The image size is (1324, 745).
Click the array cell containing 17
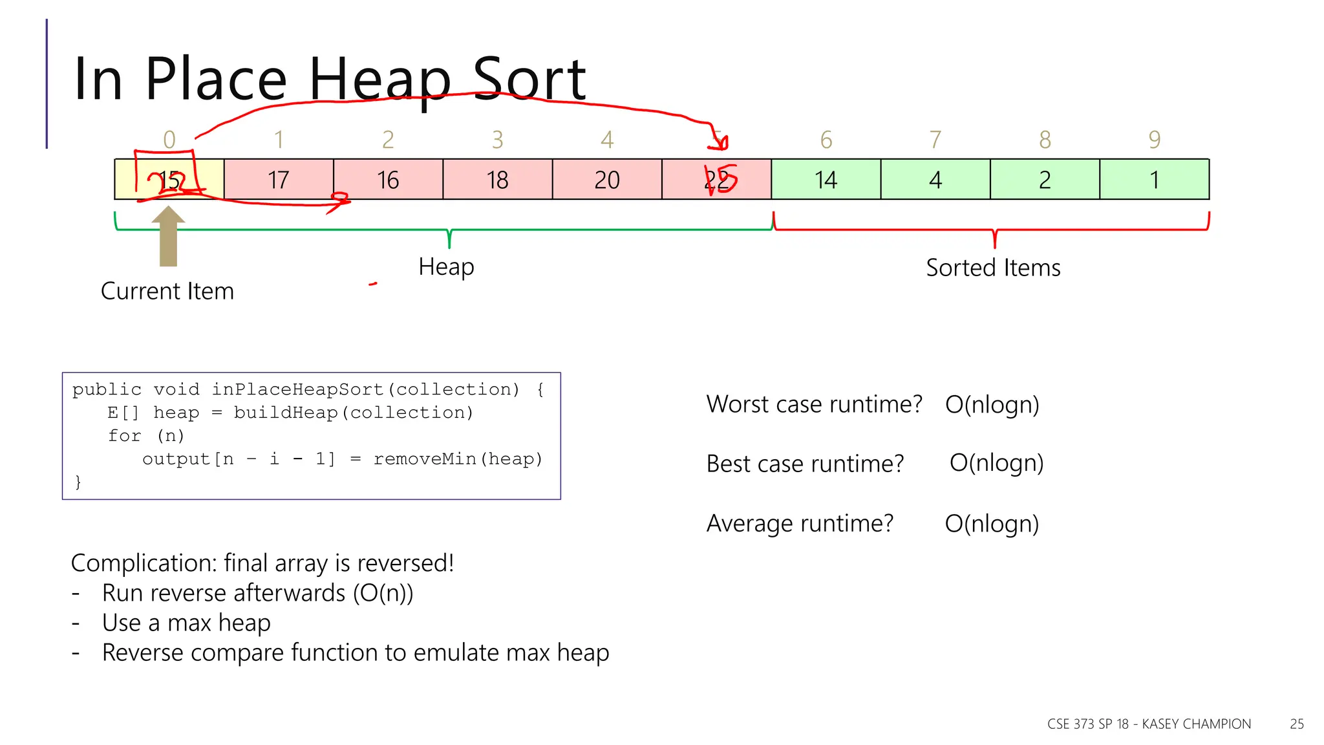(x=279, y=180)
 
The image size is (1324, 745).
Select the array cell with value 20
(x=607, y=180)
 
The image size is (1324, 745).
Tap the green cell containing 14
(x=826, y=180)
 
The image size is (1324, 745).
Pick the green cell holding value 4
(x=935, y=180)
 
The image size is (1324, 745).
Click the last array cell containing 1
(x=1154, y=180)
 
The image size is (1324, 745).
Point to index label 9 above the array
(x=1155, y=140)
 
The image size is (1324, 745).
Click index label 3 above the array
(x=497, y=140)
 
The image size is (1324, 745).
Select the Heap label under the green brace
(x=446, y=266)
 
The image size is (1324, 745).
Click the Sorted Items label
(x=993, y=268)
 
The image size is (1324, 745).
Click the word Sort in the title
(x=529, y=79)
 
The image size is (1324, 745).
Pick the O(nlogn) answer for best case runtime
(x=996, y=463)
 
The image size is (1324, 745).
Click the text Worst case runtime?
(x=814, y=404)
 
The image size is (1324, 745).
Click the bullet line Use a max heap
(x=186, y=623)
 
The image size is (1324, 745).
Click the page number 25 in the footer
(x=1296, y=724)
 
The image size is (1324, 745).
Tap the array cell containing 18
(x=497, y=180)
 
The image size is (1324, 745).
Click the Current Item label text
(x=167, y=291)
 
